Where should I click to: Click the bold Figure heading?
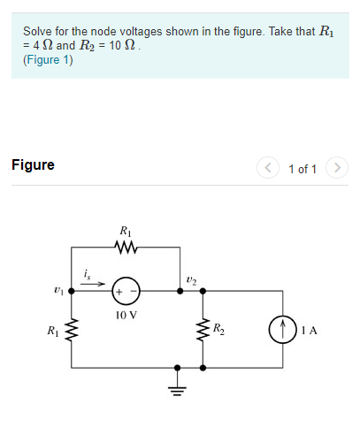point(33,164)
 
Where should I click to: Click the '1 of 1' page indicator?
point(302,166)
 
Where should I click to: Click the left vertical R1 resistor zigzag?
point(69,333)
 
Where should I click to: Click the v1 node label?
point(57,288)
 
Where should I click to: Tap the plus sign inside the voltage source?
point(119,289)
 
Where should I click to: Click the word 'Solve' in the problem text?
point(38,32)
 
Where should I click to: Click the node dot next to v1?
point(70,289)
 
